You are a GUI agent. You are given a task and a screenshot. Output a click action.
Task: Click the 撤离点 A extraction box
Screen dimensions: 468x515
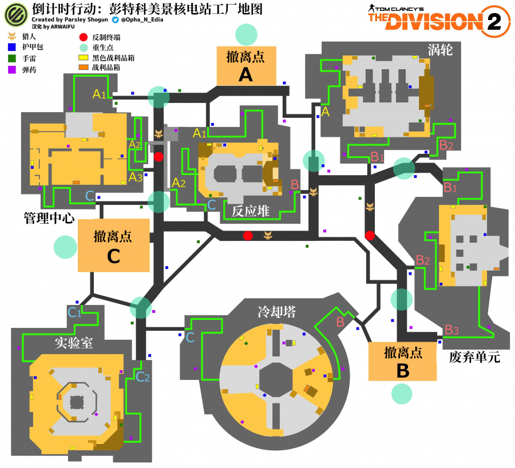[x=245, y=65]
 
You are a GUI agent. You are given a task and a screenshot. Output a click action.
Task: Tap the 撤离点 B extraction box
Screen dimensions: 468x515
[x=402, y=362]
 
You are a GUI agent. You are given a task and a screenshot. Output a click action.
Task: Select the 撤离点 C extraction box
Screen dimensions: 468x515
[x=113, y=246]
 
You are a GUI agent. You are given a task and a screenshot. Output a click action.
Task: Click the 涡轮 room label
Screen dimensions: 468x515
[x=440, y=50]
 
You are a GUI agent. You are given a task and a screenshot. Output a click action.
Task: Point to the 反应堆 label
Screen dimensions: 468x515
[x=250, y=211]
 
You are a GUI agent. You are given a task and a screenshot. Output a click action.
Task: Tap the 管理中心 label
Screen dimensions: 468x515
[x=49, y=218]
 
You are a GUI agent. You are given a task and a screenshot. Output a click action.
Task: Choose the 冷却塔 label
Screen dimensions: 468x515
[x=276, y=312]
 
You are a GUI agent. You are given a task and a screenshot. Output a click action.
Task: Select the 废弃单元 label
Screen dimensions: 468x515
[x=474, y=358]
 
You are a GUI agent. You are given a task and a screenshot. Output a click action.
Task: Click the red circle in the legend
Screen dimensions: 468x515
[x=84, y=37]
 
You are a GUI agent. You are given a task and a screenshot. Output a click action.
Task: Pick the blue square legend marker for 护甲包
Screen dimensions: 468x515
[x=11, y=47]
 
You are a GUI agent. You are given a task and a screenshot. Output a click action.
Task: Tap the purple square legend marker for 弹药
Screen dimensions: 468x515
[x=11, y=69]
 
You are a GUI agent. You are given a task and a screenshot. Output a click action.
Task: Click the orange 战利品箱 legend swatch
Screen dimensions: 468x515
[x=84, y=68]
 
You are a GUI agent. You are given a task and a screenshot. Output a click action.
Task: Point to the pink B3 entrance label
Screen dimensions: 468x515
[x=451, y=330]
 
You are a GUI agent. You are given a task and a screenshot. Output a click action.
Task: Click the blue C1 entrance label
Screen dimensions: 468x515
[x=75, y=312]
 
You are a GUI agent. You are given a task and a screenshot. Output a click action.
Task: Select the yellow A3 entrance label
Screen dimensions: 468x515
[x=135, y=177]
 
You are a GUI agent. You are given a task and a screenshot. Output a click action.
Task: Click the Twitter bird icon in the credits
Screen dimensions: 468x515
[x=115, y=19]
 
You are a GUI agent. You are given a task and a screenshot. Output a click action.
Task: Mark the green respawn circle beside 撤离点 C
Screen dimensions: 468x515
[x=65, y=247]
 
